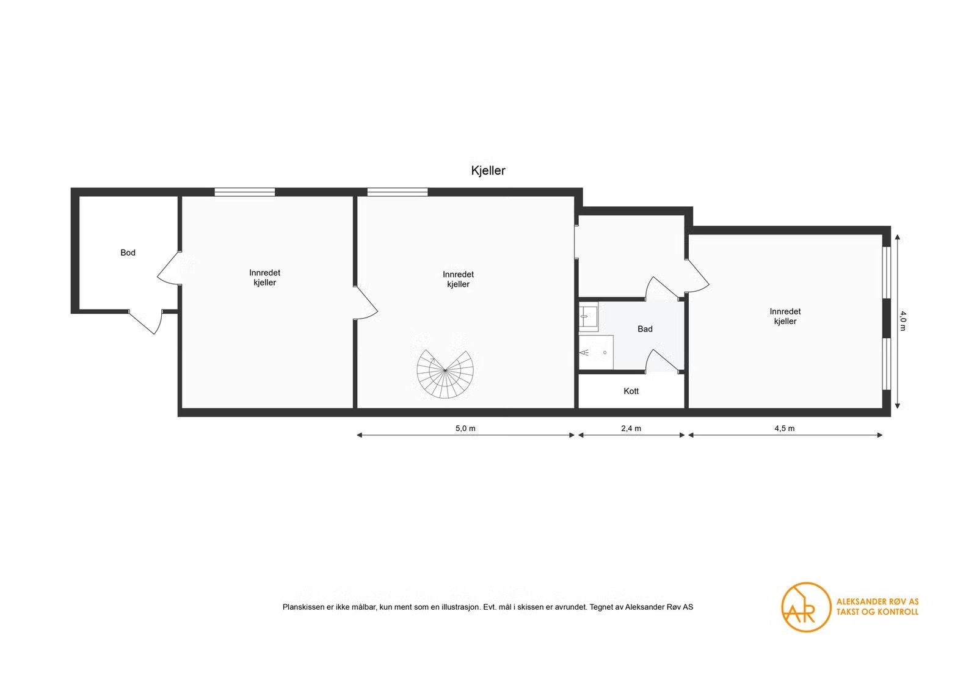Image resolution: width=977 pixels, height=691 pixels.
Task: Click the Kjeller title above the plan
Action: pyautogui.click(x=488, y=170)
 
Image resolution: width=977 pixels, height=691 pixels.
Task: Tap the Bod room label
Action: pyautogui.click(x=128, y=253)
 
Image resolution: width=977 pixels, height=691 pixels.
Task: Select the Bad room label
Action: pyautogui.click(x=645, y=329)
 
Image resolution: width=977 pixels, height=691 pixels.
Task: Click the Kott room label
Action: pyautogui.click(x=631, y=391)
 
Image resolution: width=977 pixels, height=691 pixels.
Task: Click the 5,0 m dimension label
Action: pyautogui.click(x=465, y=428)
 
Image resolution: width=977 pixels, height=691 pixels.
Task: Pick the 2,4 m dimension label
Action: pyautogui.click(x=631, y=428)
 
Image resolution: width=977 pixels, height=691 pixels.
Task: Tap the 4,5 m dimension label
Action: pyautogui.click(x=785, y=428)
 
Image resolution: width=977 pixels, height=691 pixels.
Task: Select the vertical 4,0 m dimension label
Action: pyautogui.click(x=903, y=320)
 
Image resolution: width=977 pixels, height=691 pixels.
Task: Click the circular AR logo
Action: pyautogui.click(x=806, y=607)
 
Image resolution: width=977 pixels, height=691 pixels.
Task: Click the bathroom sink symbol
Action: pyautogui.click(x=589, y=316)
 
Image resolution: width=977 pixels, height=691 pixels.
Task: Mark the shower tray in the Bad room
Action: pyautogui.click(x=596, y=352)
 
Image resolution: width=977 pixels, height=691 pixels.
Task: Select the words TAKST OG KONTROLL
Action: pyautogui.click(x=877, y=612)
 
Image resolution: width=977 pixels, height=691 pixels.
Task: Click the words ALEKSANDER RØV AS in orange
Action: pyautogui.click(x=877, y=602)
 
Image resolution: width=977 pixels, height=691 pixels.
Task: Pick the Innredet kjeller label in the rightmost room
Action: pyautogui.click(x=785, y=316)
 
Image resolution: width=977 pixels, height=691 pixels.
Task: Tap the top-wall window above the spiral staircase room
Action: pyautogui.click(x=398, y=192)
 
